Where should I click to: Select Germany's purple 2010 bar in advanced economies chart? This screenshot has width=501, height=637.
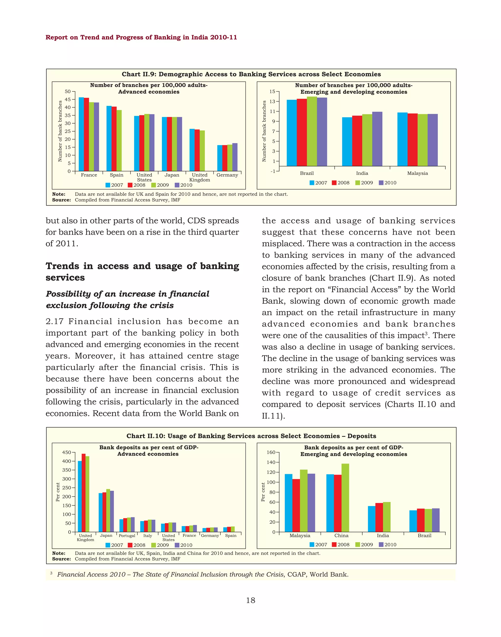coord(235,157)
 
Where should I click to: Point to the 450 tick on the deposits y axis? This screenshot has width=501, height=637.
coord(67,452)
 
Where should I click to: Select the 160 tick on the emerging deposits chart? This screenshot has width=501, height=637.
coord(271,452)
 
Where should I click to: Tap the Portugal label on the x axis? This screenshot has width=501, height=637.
coord(127,536)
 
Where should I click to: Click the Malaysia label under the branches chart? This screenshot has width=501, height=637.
coord(417,173)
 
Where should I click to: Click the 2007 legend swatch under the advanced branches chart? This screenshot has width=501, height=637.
coord(108,185)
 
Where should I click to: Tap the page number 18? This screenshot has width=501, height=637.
coord(250,600)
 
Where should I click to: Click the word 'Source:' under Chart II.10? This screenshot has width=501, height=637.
coord(61,559)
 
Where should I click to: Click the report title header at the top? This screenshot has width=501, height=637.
coord(141,37)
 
